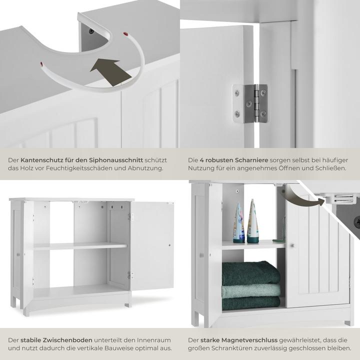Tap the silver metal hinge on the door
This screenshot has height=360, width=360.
pyautogui.click(x=250, y=103)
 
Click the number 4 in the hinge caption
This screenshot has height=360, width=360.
pyautogui.click(x=202, y=160)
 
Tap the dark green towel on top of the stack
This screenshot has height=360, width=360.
pyautogui.click(x=250, y=273)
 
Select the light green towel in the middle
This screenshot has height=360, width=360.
pyautogui.click(x=250, y=291)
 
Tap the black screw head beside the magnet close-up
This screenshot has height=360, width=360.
pyautogui.click(x=356, y=221)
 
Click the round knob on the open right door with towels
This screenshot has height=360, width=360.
pyautogui.click(x=292, y=245)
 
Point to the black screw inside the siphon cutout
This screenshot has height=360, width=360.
pyautogui.click(x=91, y=30)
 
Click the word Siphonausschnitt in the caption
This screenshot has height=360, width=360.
pyautogui.click(x=116, y=160)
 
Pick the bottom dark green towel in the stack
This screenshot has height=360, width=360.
pyautogui.click(x=251, y=303)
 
